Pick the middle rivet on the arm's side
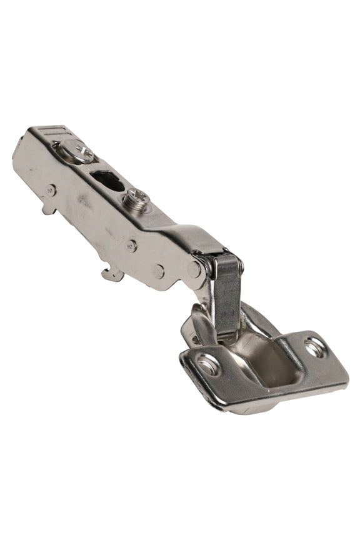pos(132,246)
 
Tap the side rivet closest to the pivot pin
pos(159,271)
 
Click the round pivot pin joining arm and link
pos(195,269)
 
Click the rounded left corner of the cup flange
pos(186,357)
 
